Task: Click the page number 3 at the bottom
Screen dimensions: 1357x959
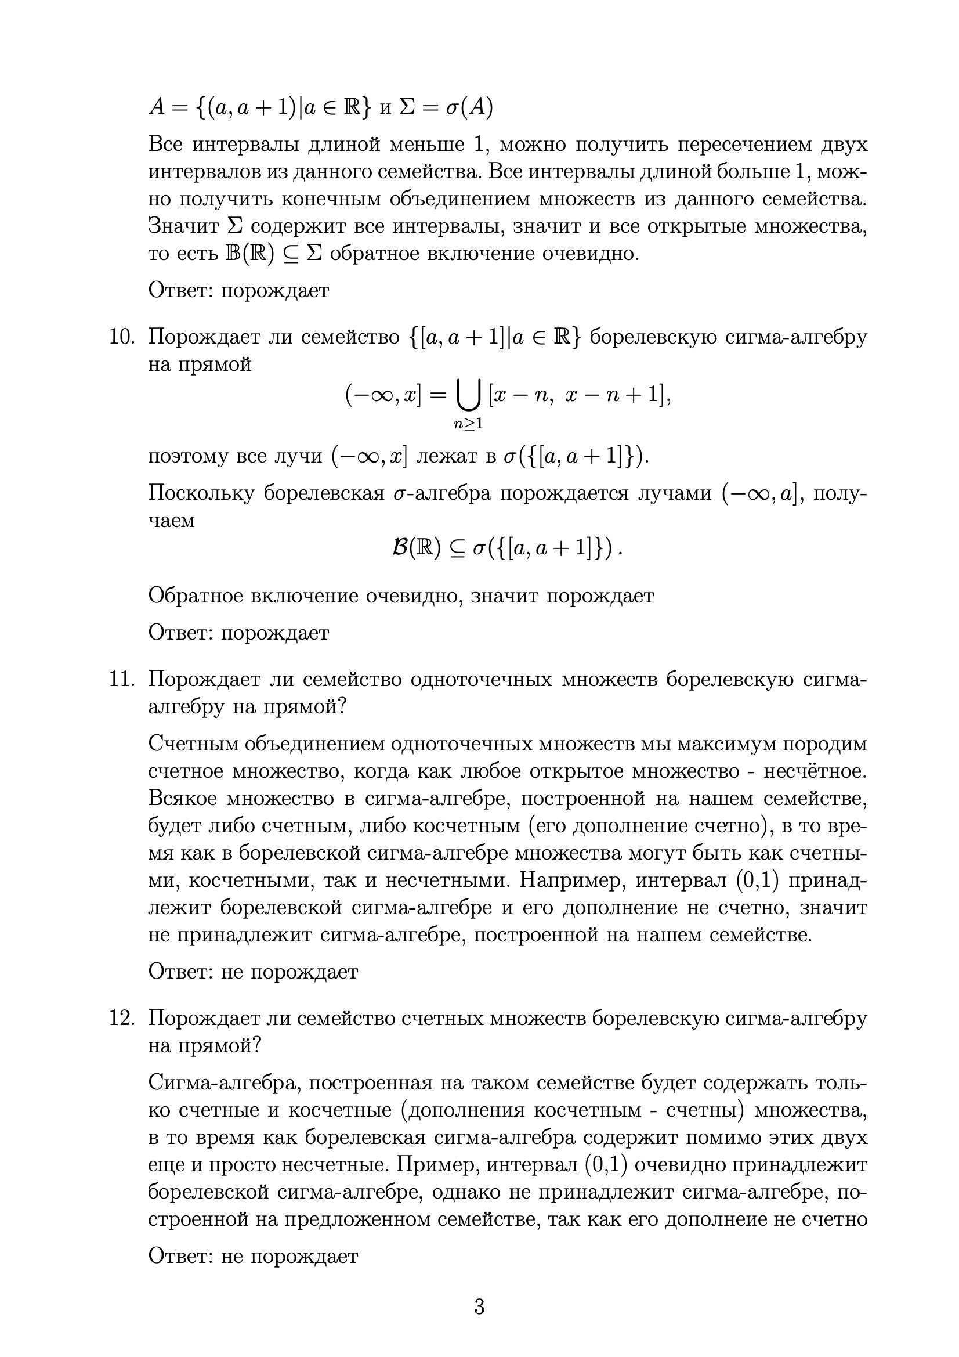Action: coord(479,1305)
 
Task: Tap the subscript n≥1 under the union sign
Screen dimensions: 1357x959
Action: coord(469,423)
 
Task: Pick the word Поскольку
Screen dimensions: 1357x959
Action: coord(201,493)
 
